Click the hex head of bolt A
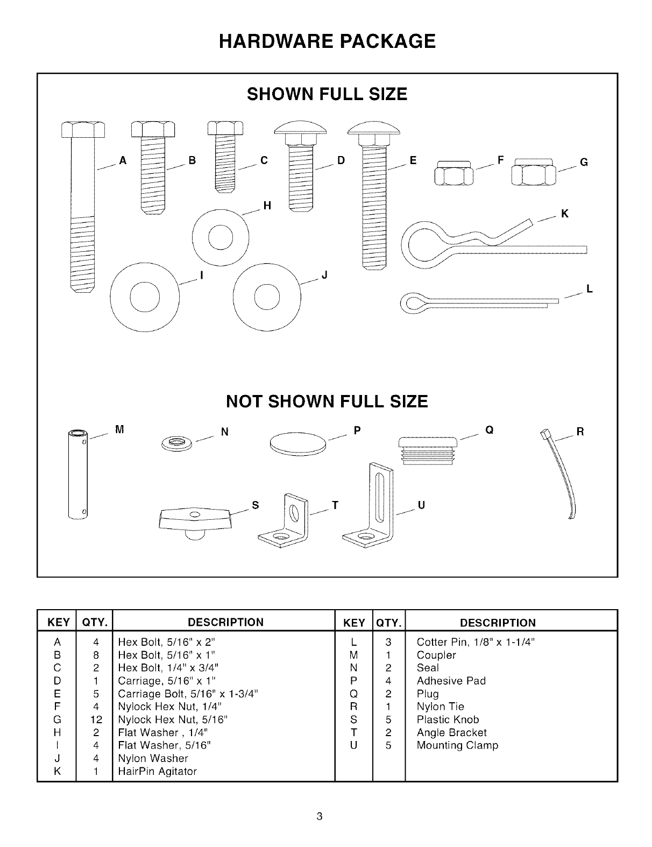click(x=83, y=130)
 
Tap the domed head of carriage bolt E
click(x=373, y=128)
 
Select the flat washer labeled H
click(x=221, y=236)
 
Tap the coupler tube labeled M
click(x=77, y=474)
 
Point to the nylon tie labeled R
click(x=563, y=474)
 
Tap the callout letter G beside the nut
click(x=584, y=162)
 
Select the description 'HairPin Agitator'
click(x=157, y=771)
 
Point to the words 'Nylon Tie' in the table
click(x=440, y=707)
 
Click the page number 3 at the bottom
click(x=320, y=816)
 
